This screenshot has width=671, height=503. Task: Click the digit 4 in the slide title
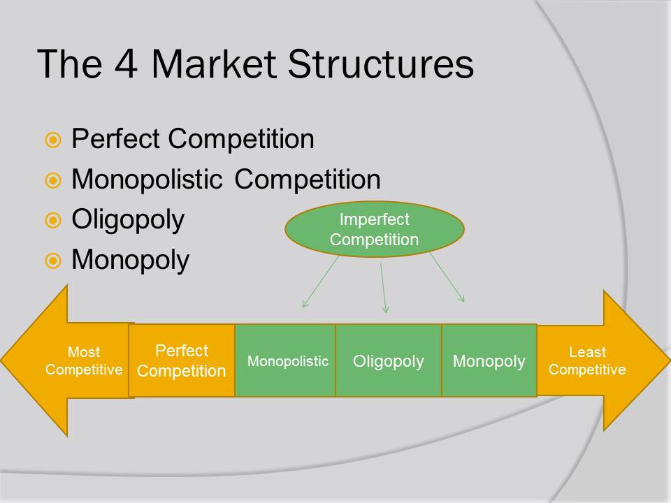[x=126, y=64]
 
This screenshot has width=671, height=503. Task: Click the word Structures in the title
[x=380, y=64]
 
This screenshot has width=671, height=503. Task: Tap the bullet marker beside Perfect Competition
[x=53, y=140]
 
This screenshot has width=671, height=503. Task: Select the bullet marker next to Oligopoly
[x=53, y=220]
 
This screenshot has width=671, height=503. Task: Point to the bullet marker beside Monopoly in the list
[x=53, y=261]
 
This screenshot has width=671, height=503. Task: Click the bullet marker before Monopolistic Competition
[x=53, y=180]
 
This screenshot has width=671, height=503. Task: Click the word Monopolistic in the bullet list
[x=147, y=180]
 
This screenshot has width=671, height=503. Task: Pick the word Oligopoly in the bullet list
[x=128, y=220]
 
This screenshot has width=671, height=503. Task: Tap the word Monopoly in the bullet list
[x=131, y=261]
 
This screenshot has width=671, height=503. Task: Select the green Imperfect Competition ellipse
[x=375, y=229]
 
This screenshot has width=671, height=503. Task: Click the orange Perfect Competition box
[x=182, y=360]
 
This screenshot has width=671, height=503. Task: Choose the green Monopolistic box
[x=285, y=360]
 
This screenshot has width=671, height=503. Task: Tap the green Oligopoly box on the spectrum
[x=389, y=360]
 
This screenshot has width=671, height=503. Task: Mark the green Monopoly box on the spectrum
[x=489, y=360]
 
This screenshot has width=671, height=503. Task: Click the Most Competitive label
[x=84, y=360]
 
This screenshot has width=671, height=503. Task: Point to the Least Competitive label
[x=587, y=360]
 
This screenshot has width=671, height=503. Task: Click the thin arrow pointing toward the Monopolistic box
[x=321, y=282]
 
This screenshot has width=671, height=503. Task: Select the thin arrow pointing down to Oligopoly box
[x=384, y=288]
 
